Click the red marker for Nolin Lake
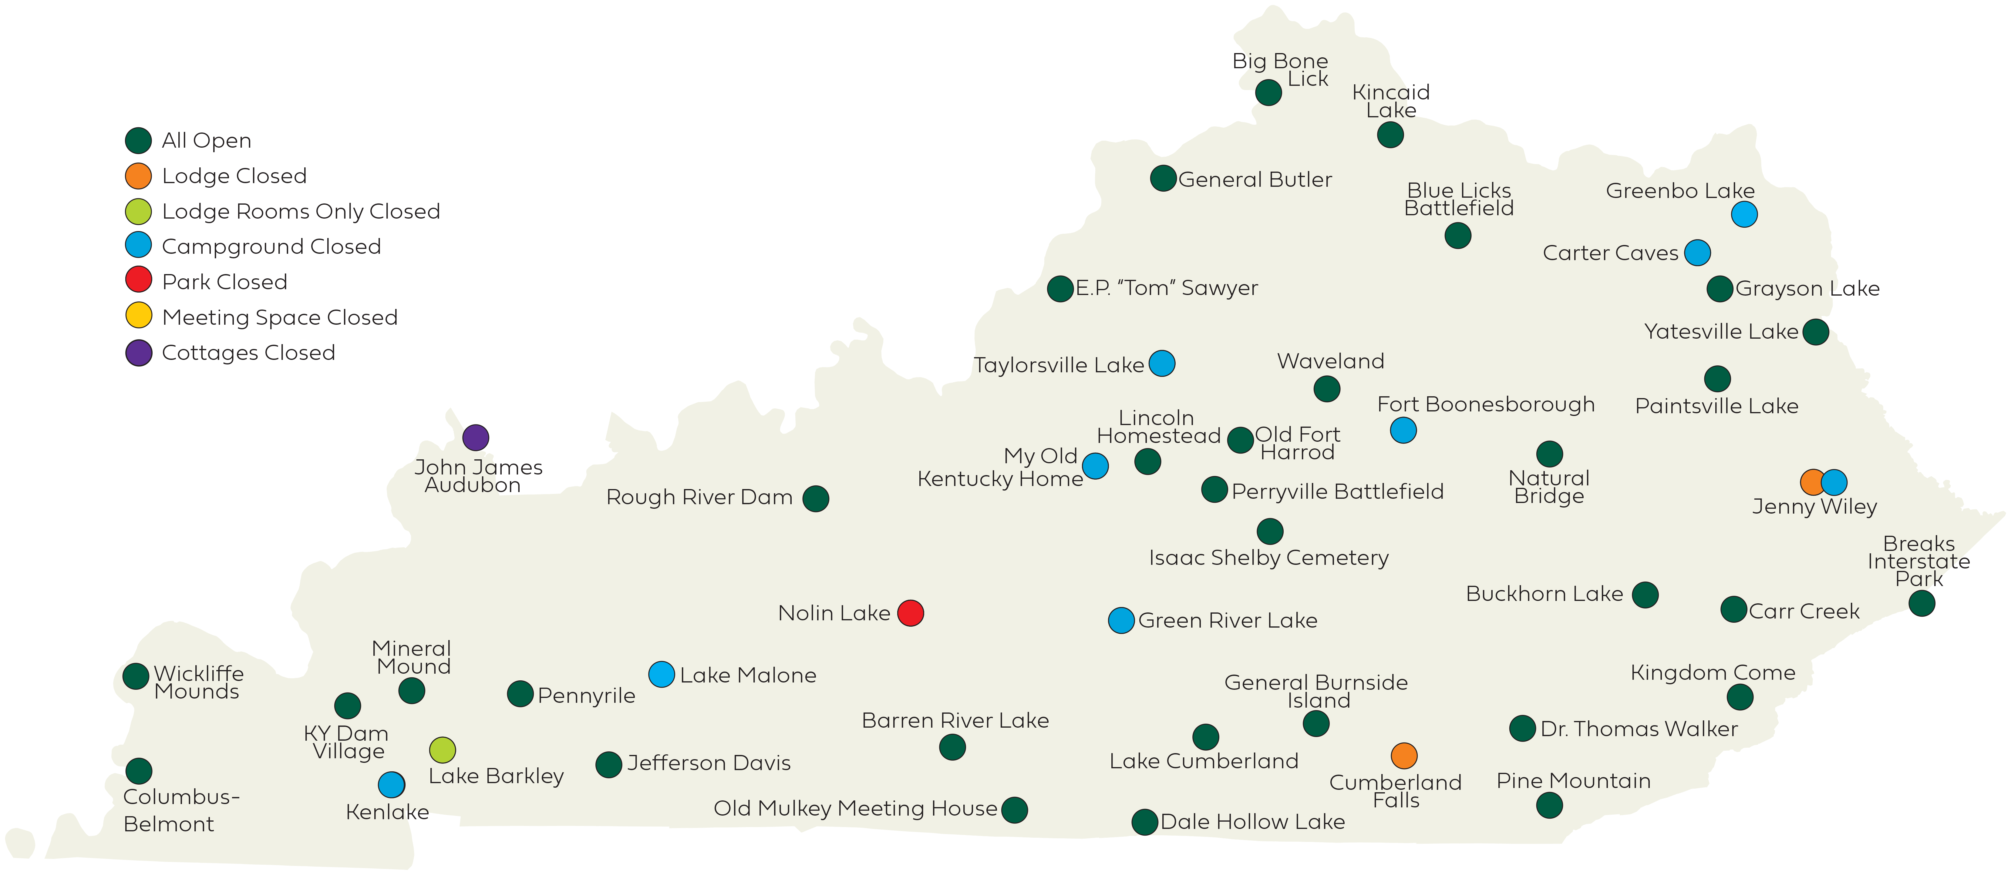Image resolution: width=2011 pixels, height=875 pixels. tap(910, 613)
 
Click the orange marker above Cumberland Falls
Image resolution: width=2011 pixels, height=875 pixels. tap(1404, 756)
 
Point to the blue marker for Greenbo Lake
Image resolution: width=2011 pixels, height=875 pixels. tap(1744, 214)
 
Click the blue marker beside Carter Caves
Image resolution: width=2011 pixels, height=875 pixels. tap(1697, 253)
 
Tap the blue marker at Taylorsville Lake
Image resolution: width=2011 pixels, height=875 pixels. tap(1162, 364)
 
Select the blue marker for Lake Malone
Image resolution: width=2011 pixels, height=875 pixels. tap(661, 674)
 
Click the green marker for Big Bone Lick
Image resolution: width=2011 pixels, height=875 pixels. tap(1268, 93)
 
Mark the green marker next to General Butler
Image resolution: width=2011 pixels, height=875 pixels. tap(1163, 179)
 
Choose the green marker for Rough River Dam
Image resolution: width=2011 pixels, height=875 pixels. tap(816, 498)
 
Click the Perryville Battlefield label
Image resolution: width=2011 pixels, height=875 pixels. tap(1337, 492)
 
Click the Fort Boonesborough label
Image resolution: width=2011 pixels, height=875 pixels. tap(1486, 404)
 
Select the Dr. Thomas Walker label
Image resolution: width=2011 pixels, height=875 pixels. tap(1639, 729)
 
